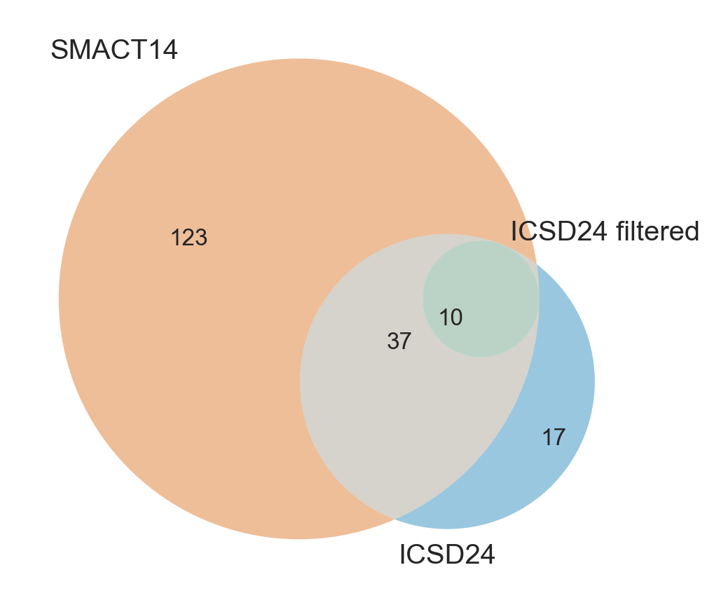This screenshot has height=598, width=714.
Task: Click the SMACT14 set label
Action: point(114,50)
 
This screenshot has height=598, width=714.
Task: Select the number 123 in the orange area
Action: point(189,238)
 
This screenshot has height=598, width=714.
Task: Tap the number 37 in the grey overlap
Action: point(399,341)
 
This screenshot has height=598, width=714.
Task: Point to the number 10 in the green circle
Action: point(451,318)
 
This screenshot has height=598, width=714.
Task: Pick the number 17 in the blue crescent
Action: point(554,437)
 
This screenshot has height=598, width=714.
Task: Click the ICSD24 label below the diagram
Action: point(447,555)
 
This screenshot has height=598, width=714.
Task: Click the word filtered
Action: point(657,231)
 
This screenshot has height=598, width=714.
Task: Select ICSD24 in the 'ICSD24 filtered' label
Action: point(558,231)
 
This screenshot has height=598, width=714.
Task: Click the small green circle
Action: point(481,299)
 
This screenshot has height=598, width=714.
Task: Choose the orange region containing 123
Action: point(182,319)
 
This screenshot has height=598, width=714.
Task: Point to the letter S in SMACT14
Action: point(60,50)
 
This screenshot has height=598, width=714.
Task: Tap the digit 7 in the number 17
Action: point(559,437)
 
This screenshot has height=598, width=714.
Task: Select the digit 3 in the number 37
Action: point(393,341)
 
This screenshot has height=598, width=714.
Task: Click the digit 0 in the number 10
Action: point(456,318)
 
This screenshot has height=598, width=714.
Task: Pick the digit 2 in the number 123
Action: point(189,238)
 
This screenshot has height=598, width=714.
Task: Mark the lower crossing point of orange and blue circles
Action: point(394,518)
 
